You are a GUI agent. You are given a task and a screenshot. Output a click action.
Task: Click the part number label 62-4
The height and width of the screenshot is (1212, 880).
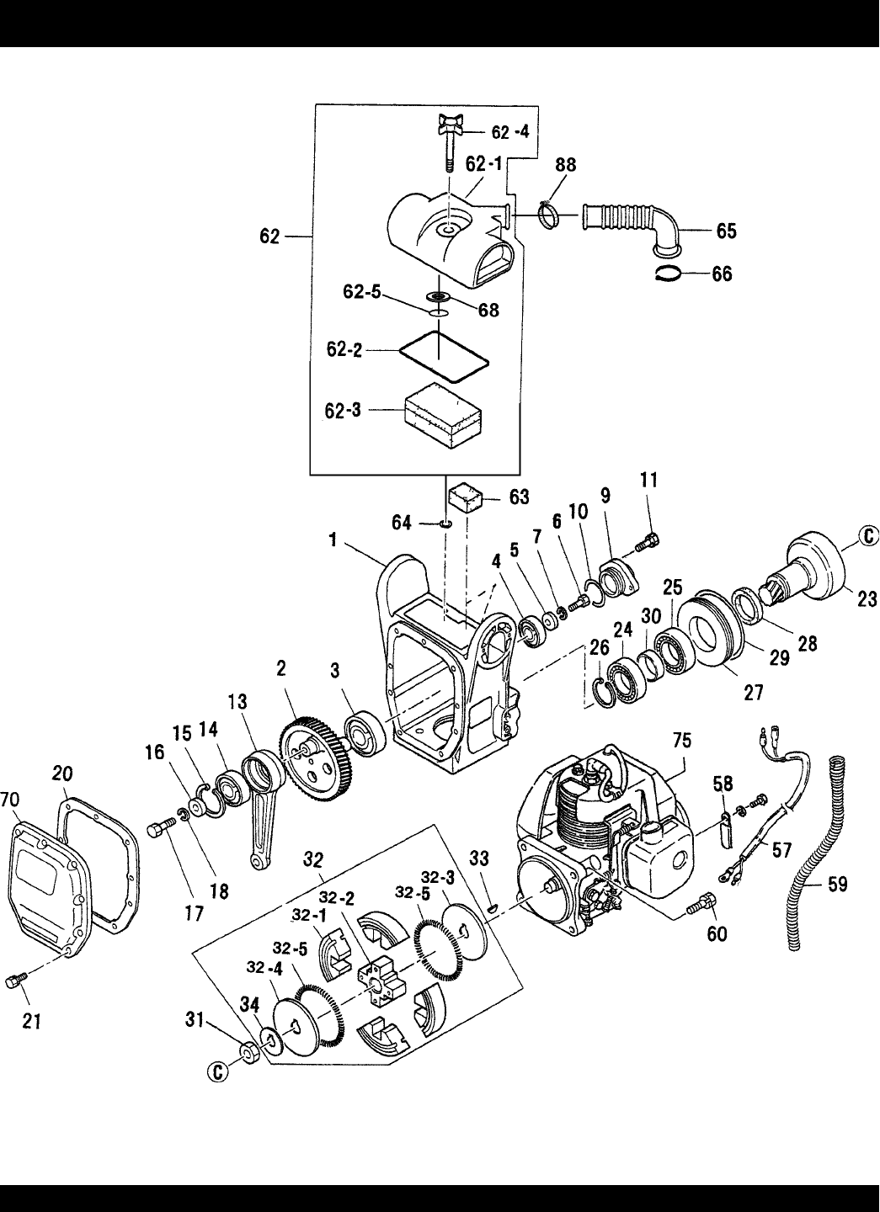[509, 131]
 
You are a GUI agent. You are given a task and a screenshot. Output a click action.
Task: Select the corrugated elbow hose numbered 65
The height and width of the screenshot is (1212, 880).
[631, 228]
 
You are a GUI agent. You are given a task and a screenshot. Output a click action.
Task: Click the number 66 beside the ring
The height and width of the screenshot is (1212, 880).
[722, 274]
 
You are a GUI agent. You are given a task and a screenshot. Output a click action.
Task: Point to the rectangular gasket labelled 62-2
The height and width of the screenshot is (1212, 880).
[444, 357]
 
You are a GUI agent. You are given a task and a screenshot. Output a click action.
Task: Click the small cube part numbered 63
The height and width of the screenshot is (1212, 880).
[466, 497]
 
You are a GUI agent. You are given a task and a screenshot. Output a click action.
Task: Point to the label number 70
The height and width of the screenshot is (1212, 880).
[9, 800]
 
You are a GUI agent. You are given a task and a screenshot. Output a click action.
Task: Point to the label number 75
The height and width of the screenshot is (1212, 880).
[682, 741]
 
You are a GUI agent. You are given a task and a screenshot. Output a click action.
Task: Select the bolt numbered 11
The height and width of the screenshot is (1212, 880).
[648, 542]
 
